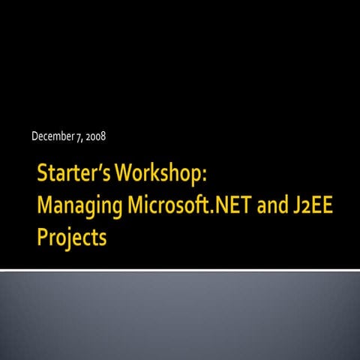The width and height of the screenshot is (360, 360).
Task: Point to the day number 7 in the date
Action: click(79, 136)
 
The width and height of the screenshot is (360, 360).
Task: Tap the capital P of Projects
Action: click(43, 238)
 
